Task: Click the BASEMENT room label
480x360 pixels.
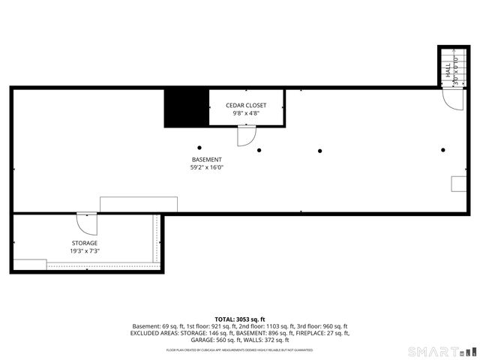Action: [x=206, y=160]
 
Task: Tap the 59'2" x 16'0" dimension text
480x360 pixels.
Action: [x=206, y=168]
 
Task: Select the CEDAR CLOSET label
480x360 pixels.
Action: [x=246, y=105]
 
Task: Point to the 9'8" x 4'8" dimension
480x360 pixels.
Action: [x=246, y=113]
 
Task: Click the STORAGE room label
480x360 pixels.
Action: [x=85, y=243]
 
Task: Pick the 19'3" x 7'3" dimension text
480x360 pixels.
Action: [x=85, y=251]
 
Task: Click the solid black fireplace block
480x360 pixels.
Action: [x=186, y=107]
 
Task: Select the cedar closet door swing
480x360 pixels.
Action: [x=246, y=136]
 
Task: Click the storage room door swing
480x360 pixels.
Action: [x=86, y=224]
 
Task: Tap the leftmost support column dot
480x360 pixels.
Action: [x=199, y=147]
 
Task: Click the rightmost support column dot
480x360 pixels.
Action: [x=442, y=150]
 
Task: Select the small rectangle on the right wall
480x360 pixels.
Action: [x=457, y=184]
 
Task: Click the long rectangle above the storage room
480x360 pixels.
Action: [x=139, y=205]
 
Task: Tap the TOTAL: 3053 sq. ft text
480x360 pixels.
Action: [x=240, y=319]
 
